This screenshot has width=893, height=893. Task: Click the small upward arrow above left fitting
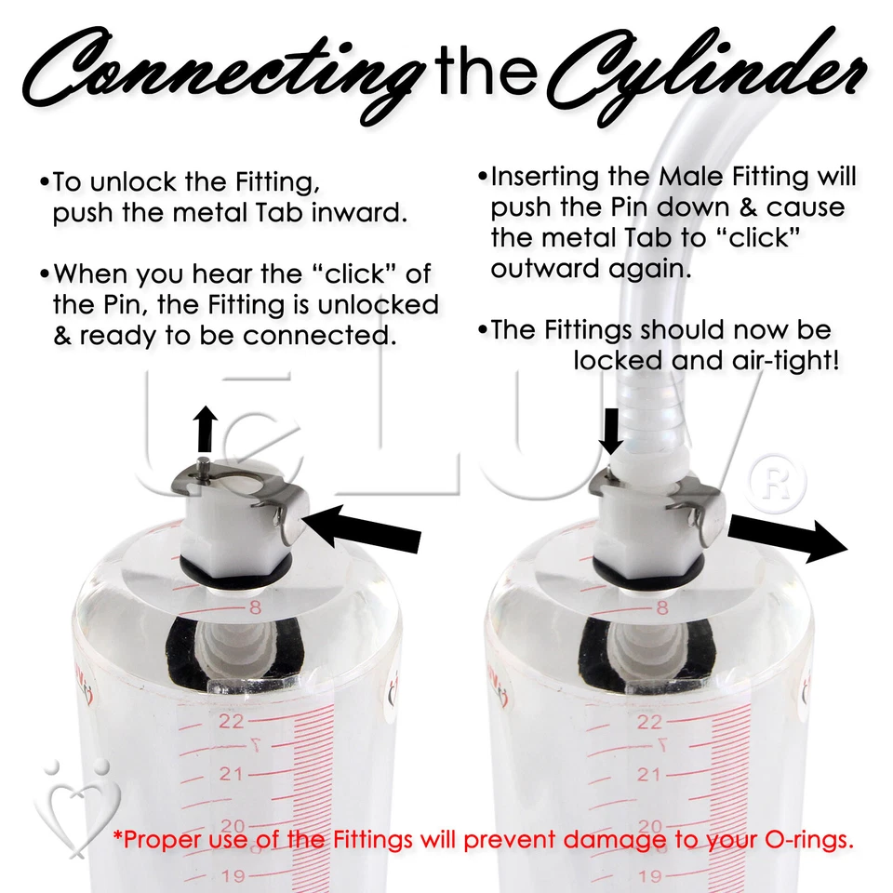coord(206,430)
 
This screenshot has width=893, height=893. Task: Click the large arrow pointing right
coord(787,540)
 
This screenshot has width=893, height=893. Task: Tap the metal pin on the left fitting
coord(204,462)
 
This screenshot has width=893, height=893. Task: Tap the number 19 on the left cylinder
coord(232,876)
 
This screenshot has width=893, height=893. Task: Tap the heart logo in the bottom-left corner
coord(69,800)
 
